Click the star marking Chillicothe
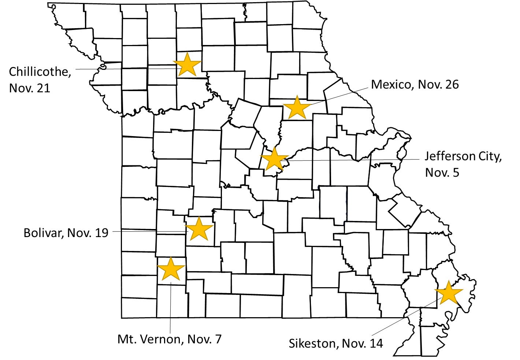tap(187, 65)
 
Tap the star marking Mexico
tap(297, 108)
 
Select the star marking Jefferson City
tap(274, 159)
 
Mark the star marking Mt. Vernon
tap(171, 269)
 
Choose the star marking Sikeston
tap(449, 293)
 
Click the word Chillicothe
tap(40, 72)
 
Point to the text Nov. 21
tap(29, 88)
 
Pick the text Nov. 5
tap(442, 172)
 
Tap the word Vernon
tap(160, 339)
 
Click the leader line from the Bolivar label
tap(146, 232)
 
